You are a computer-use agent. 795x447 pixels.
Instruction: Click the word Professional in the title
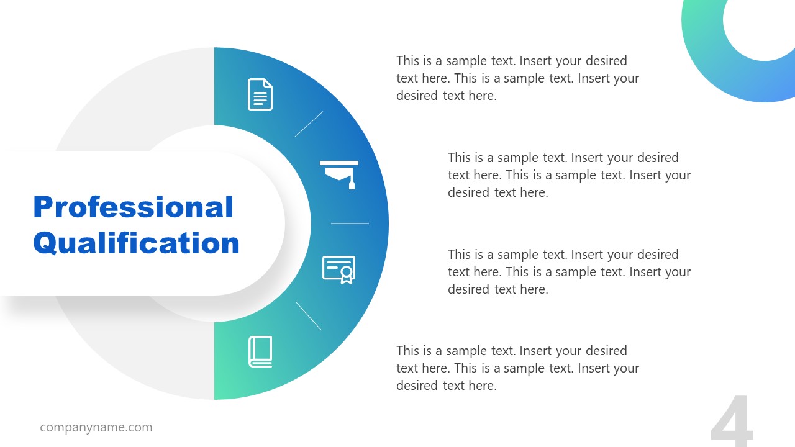tap(133, 207)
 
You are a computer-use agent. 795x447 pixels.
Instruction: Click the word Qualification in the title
tap(136, 243)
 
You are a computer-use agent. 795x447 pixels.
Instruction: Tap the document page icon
tap(260, 94)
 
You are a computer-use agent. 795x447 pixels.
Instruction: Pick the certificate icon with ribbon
tap(338, 269)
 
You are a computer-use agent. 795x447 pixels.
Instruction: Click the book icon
tap(260, 351)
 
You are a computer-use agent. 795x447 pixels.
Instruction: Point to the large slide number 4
tap(732, 423)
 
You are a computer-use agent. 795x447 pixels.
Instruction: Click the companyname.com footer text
tap(96, 427)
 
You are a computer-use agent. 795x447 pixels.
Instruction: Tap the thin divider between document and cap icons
tap(309, 124)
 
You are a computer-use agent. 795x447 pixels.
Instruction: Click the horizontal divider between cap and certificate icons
tap(350, 223)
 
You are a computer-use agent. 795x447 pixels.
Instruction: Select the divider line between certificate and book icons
tap(309, 316)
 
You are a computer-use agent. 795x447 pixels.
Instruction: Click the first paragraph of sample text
tap(517, 78)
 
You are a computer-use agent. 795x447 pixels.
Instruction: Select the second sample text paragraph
tap(569, 175)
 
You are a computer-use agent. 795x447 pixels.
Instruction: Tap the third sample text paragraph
tap(569, 272)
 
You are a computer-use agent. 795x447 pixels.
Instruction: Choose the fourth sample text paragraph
tap(517, 368)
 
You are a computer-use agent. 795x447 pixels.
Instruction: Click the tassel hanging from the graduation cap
tap(352, 181)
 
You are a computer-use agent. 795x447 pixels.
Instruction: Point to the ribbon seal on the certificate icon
tap(347, 274)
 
